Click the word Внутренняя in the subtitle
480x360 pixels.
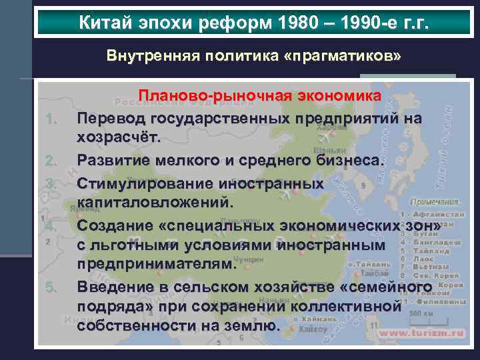[145, 56]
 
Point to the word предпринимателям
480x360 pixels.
[156, 265]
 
